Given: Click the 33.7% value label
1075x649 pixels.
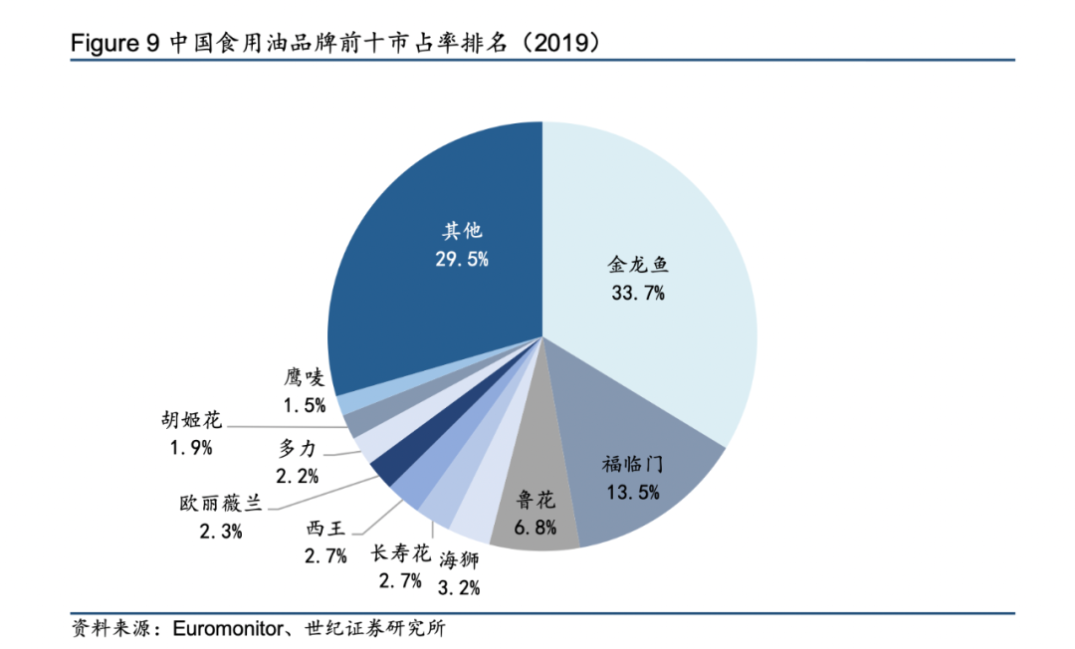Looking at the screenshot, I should pos(637,294).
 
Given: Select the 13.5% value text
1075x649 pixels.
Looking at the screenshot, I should pos(632,491).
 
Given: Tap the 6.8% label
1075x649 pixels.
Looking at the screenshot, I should pos(536,528).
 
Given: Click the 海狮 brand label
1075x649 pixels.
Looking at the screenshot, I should pos(459,560).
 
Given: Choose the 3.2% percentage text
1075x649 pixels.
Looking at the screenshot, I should pos(459,587).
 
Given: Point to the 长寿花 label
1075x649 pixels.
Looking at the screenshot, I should pos(400,553).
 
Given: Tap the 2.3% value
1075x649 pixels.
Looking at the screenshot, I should pos(220,531).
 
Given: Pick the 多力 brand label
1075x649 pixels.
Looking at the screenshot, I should pos(298,449).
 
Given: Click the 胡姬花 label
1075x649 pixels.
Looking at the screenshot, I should pos(191,420).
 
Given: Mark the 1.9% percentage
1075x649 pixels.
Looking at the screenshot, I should pos(191,448).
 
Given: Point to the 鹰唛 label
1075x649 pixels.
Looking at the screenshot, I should pos(305,377).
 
